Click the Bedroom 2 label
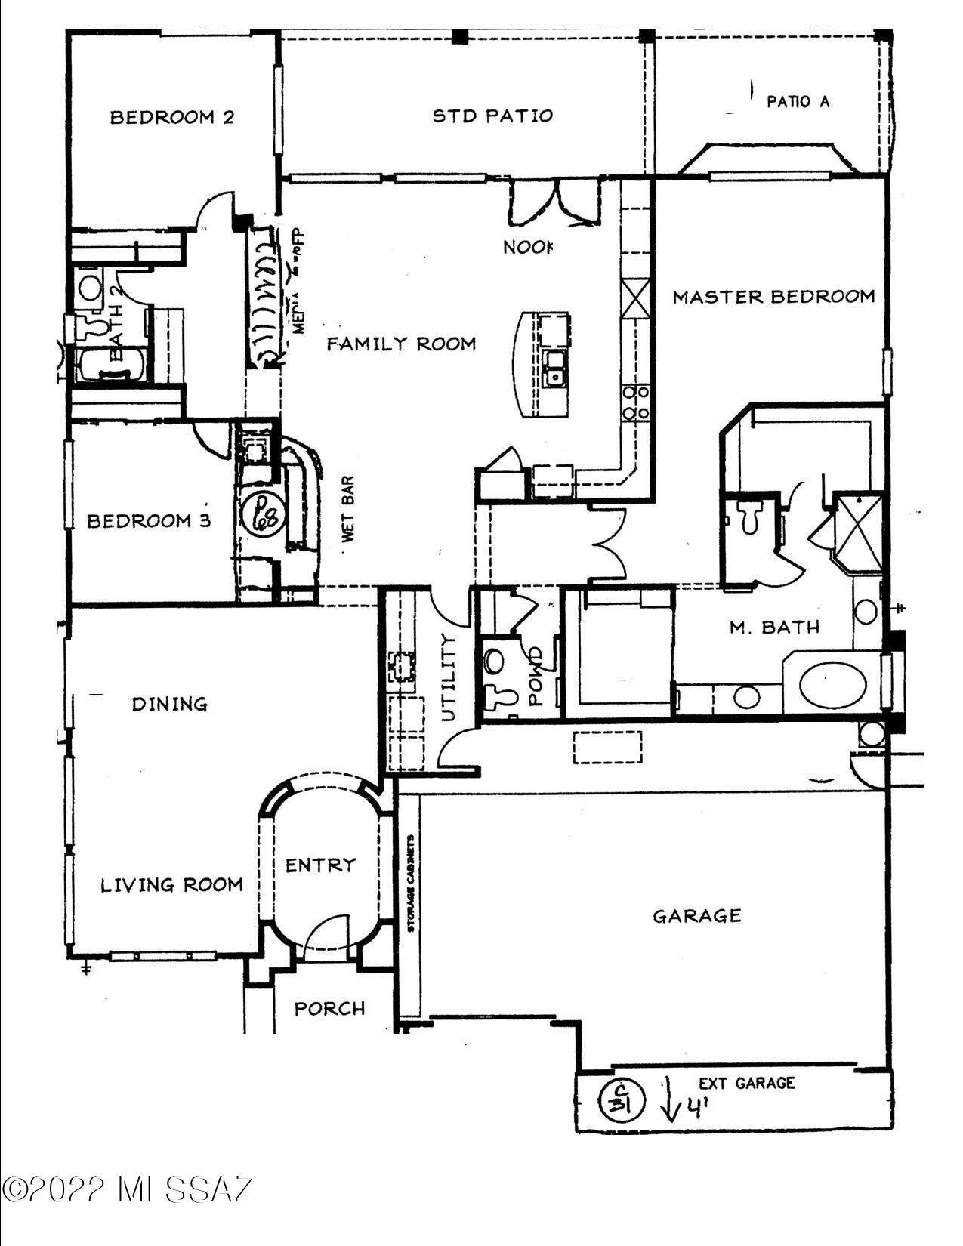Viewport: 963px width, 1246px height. tap(171, 117)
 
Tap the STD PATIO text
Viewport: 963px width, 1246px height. tap(492, 116)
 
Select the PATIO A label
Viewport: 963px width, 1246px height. tap(798, 101)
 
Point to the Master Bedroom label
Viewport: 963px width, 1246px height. tap(773, 297)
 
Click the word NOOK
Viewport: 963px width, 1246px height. tap(528, 247)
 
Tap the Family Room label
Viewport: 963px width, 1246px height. tap(401, 344)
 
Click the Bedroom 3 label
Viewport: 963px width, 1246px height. tap(149, 521)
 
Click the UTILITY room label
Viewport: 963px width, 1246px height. tap(449, 677)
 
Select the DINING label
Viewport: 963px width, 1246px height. tap(170, 705)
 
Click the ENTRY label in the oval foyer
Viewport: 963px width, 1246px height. tap(320, 865)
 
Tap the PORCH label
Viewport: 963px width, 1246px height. tap(329, 1009)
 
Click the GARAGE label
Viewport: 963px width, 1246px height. tap(696, 917)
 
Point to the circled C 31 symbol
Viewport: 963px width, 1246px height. tap(622, 1100)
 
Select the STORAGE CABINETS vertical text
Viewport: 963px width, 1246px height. tap(411, 883)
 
